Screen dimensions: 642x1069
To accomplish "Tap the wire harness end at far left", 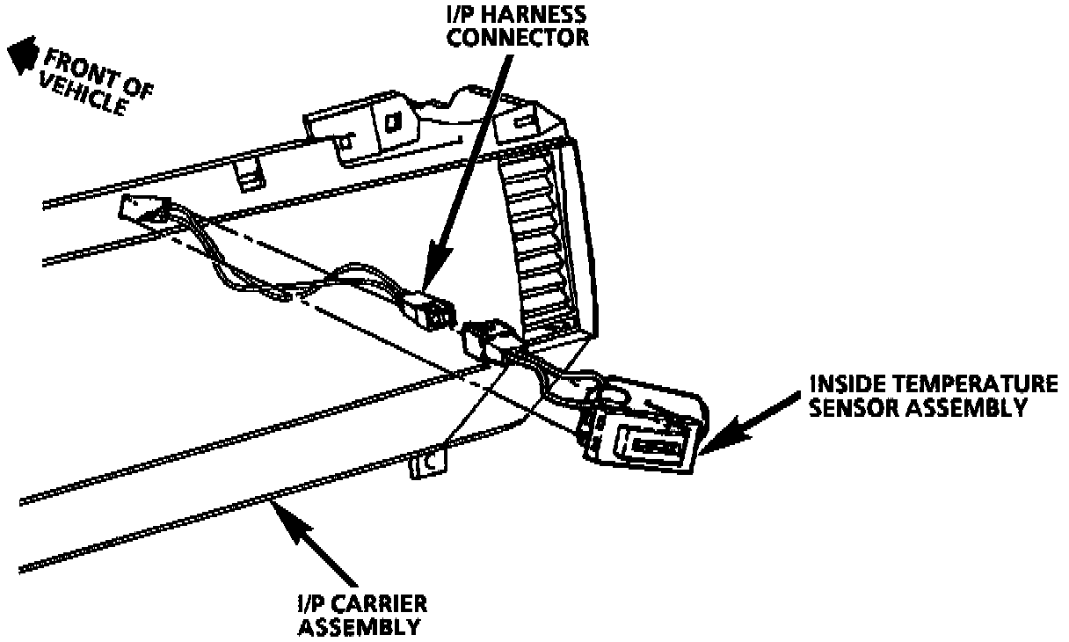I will [x=141, y=211].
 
